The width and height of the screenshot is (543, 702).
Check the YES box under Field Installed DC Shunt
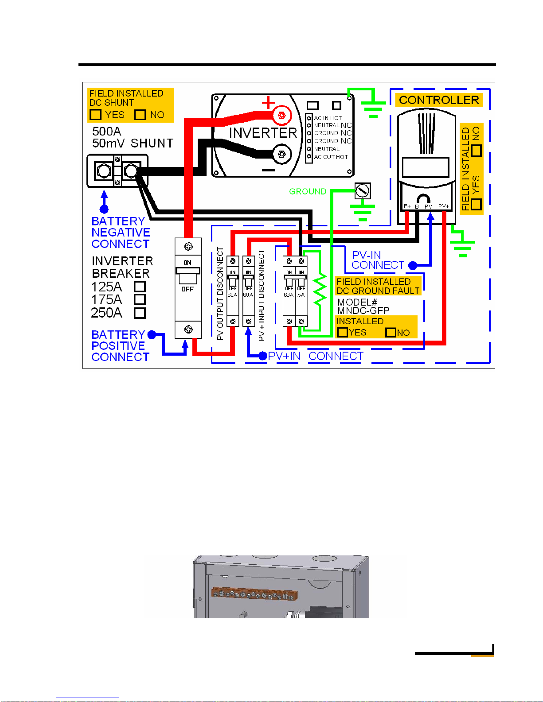(95, 115)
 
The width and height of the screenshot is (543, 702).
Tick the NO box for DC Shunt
(140, 115)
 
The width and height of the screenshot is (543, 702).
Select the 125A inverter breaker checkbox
(140, 287)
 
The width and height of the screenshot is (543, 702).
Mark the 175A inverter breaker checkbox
(140, 300)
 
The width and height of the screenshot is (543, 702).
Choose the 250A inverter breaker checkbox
(140, 313)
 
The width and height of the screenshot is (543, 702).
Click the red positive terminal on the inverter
(281, 116)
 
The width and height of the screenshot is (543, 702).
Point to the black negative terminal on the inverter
(281, 155)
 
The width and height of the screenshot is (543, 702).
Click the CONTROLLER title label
(439, 100)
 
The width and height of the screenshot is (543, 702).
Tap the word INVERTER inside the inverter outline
(263, 133)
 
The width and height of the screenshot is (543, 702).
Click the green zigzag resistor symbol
(320, 290)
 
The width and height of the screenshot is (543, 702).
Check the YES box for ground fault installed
(342, 332)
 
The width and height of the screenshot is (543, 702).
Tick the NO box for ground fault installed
(391, 332)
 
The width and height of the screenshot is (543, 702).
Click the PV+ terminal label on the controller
(444, 206)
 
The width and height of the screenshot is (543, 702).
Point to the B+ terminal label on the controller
(407, 206)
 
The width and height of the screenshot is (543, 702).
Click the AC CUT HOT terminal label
(331, 157)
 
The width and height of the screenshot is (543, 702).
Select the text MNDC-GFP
(363, 310)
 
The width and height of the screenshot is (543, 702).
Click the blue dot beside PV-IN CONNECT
(412, 265)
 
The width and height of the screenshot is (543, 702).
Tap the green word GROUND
(308, 191)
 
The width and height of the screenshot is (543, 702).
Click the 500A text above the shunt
(106, 132)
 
